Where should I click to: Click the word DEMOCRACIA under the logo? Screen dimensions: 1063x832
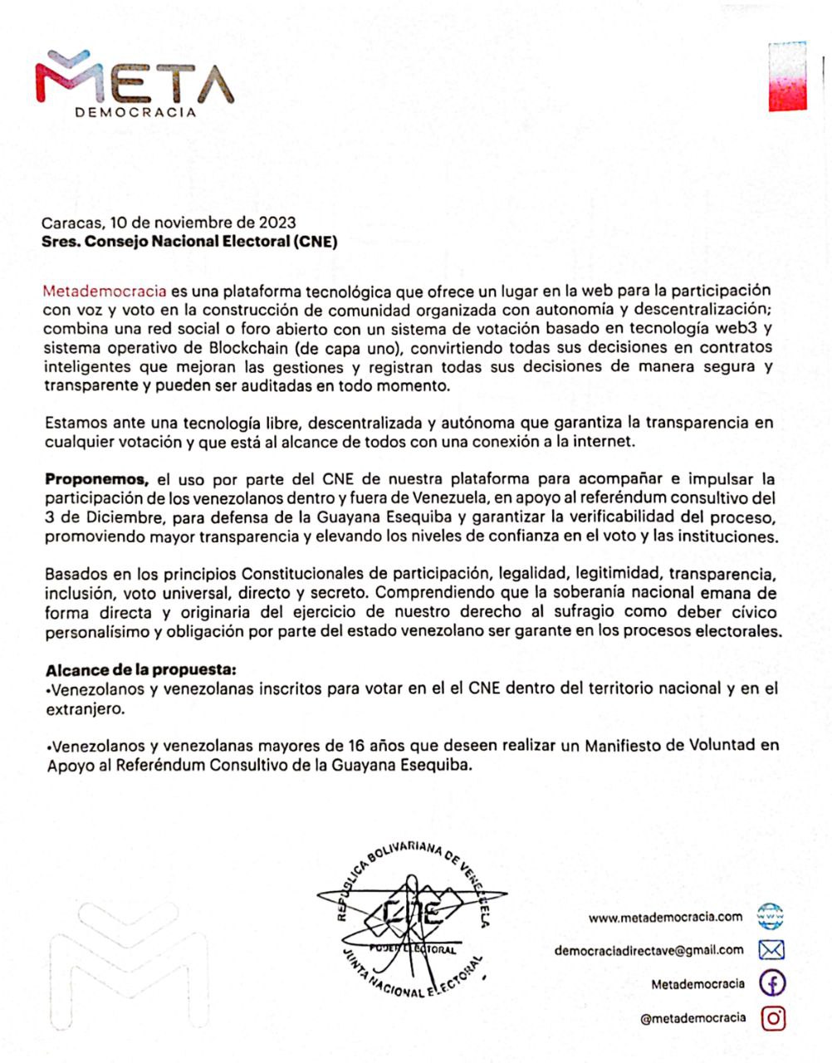[x=135, y=112]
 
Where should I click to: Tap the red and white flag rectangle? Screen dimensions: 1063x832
[x=787, y=76]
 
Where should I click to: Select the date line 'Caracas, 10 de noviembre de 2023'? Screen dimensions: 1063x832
[x=169, y=223]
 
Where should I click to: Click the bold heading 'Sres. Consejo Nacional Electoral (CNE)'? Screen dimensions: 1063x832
[x=190, y=242]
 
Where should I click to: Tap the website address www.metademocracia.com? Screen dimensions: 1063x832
[x=665, y=917]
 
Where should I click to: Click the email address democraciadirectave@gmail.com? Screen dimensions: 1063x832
[x=648, y=950]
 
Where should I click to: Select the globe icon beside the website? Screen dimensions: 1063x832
[x=772, y=917]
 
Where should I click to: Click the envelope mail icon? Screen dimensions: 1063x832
[x=772, y=950]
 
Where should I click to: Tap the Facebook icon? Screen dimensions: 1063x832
[x=773, y=984]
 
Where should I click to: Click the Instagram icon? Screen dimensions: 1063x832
[x=773, y=1017]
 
